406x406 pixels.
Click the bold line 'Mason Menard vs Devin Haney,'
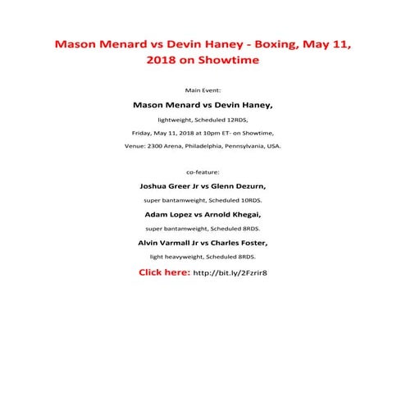pos(203,105)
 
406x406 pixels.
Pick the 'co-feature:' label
pos(203,173)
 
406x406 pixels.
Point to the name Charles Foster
pos(238,243)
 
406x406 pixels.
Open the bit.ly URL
pos(230,272)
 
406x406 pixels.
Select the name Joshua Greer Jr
pos(171,186)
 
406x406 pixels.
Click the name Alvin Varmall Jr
pos(168,243)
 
